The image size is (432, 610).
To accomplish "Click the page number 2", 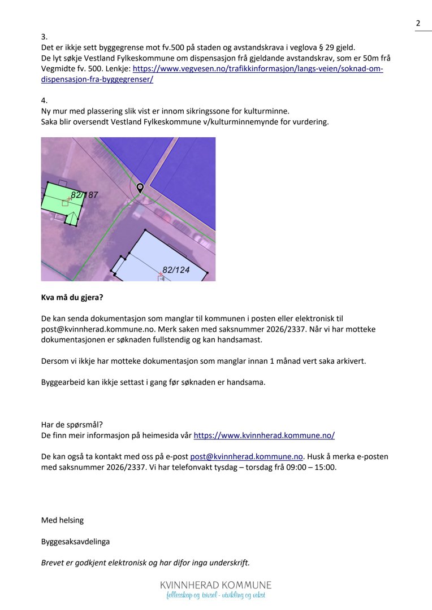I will click(x=418, y=23).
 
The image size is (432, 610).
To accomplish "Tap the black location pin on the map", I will click(x=140, y=188).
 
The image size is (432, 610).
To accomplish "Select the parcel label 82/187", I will click(x=85, y=195).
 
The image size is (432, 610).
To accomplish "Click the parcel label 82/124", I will click(x=176, y=269).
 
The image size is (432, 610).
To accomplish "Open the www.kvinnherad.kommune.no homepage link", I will click(x=264, y=435).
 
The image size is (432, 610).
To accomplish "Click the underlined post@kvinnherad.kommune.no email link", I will click(x=247, y=456).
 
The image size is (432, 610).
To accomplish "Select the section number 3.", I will click(x=44, y=37).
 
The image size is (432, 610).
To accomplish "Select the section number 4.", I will click(x=44, y=101).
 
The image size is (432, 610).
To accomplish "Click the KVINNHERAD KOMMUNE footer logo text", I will click(x=215, y=585).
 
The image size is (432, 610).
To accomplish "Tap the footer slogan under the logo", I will click(x=215, y=596).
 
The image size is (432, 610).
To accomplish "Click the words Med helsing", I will click(x=62, y=520).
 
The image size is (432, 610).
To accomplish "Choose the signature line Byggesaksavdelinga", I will click(x=76, y=542).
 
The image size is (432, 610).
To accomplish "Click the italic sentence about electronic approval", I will click(x=145, y=563).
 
